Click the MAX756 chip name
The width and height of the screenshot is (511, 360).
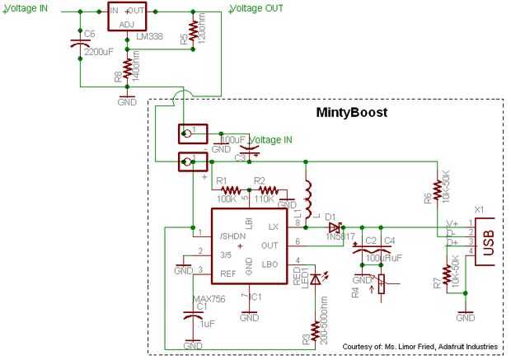coord(208,297)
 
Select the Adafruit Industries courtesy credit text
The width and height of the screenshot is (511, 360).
coord(421,347)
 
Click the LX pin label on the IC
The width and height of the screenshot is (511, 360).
coord(273,225)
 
